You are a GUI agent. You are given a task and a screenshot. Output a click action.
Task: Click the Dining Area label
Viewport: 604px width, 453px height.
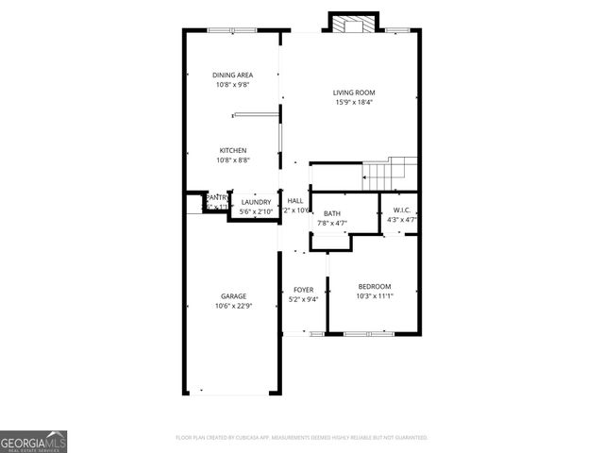click(232, 75)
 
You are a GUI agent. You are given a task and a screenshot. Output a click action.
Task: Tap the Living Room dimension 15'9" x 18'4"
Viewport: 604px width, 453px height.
click(354, 102)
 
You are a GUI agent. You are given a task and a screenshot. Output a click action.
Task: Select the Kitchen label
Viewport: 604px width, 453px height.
click(233, 150)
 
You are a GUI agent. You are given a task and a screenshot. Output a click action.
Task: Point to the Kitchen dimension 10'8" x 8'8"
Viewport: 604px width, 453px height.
click(233, 160)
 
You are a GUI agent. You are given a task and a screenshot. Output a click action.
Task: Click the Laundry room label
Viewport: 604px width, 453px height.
click(256, 202)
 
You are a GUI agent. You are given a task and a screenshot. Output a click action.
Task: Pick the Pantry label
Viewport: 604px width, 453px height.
click(218, 197)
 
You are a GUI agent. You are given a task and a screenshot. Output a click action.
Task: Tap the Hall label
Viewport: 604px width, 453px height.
click(295, 201)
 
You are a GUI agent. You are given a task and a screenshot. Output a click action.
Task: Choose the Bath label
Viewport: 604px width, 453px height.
click(332, 213)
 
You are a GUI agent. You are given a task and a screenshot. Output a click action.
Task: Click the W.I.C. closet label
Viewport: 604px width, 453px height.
click(402, 210)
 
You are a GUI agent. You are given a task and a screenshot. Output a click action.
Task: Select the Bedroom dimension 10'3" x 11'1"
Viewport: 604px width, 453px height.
click(374, 296)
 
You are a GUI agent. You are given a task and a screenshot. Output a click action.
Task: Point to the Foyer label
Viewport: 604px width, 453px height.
click(303, 290)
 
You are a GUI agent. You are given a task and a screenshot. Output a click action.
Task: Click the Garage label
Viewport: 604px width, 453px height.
click(233, 296)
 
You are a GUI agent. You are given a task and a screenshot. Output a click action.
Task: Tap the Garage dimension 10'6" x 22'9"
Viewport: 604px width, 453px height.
click(233, 306)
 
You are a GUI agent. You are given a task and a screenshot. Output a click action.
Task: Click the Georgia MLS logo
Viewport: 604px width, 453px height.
click(33, 442)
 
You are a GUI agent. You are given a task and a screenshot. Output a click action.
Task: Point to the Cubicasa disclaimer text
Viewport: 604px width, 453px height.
click(302, 438)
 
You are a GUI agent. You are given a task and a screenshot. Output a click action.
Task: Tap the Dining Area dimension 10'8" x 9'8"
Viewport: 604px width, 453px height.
click(232, 85)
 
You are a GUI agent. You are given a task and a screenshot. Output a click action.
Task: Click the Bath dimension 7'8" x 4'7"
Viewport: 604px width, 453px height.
click(332, 223)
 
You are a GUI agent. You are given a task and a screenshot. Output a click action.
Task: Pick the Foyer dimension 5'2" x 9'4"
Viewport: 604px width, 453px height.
click(303, 299)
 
